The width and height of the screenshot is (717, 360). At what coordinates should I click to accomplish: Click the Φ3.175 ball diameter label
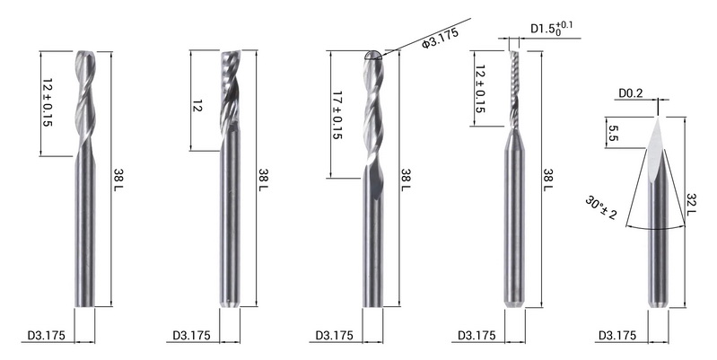pyautogui.click(x=440, y=39)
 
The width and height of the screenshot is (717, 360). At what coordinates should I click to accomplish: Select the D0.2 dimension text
pyautogui.click(x=631, y=93)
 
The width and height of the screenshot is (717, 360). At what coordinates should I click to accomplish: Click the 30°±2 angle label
pyautogui.click(x=600, y=208)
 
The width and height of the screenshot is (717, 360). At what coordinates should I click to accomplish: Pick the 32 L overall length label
pyautogui.click(x=690, y=205)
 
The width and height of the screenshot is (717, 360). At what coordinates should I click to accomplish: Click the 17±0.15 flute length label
pyautogui.click(x=338, y=115)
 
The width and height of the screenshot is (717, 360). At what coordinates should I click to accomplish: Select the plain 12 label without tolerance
pyautogui.click(x=197, y=105)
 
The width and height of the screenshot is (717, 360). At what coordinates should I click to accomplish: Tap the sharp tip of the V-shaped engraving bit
pyautogui.click(x=658, y=117)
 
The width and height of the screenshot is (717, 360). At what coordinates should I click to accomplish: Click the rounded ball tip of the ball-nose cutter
pyautogui.click(x=373, y=56)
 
